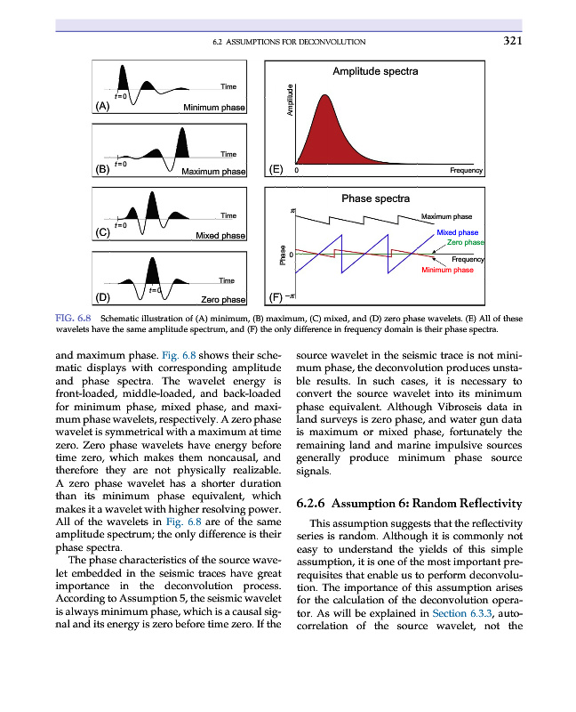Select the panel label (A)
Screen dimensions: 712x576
click(x=103, y=106)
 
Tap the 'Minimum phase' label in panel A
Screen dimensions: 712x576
click(x=213, y=108)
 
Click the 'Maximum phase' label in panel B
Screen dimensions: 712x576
click(x=212, y=171)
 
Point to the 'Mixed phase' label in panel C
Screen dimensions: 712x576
click(x=220, y=235)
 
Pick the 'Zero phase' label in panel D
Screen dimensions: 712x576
click(x=223, y=299)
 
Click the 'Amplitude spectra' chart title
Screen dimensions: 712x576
click(x=375, y=70)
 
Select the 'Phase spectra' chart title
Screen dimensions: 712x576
click(x=375, y=198)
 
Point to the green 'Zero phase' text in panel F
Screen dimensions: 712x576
click(x=465, y=242)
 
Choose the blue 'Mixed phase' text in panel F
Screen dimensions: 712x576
click(x=458, y=232)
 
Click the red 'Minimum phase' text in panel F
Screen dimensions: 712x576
click(x=446, y=270)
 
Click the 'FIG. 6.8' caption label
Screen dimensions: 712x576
click(x=76, y=318)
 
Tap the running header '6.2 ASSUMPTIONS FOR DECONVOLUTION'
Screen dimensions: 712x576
click(x=290, y=42)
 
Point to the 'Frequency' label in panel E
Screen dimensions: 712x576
click(x=466, y=170)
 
